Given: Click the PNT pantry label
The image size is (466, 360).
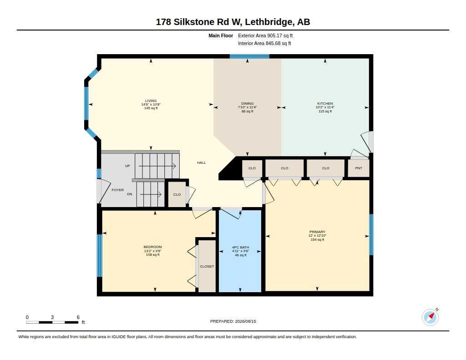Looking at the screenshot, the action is (359, 168).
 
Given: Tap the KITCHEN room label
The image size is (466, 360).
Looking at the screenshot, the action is (325, 103).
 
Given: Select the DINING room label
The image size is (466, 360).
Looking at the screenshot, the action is (247, 103).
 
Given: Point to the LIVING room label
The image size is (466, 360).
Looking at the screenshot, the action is (151, 101).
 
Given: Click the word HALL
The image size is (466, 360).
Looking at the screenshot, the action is (201, 162).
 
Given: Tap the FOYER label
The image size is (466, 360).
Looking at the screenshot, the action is (118, 190).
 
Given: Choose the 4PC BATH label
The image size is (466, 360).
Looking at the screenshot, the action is (240, 247).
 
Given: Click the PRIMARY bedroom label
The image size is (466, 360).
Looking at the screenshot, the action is (317, 232).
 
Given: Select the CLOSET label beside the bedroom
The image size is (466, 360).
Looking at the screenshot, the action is (207, 266).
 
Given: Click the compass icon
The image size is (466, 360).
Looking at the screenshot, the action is (430, 317).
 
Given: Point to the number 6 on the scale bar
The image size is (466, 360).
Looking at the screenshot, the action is (78, 317).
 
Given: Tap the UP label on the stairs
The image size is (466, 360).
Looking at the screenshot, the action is (127, 166).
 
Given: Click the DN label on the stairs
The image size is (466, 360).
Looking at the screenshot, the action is (130, 194).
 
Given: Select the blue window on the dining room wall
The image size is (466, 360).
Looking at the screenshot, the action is (249, 56).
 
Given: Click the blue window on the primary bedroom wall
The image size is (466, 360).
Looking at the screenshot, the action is (371, 234).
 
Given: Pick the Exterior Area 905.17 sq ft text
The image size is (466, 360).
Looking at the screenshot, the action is (265, 35).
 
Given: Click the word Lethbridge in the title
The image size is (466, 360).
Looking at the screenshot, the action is (268, 22).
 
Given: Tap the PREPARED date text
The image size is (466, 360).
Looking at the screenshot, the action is (233, 321).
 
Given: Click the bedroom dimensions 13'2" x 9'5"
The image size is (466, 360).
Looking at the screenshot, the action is (152, 251).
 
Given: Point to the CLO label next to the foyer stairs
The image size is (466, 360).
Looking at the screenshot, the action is (177, 194).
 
